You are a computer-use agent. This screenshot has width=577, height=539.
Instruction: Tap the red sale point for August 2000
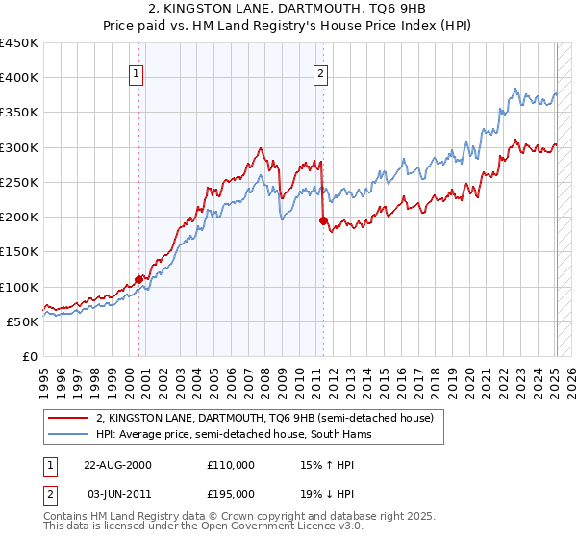point(138,280)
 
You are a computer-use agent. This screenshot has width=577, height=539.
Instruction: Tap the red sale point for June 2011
point(323,220)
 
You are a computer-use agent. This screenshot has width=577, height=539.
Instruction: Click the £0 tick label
point(30,356)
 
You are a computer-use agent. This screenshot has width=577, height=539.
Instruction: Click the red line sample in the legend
point(68,418)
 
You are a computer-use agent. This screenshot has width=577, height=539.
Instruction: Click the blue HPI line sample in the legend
point(68,434)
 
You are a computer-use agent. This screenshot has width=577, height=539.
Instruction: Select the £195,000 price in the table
point(231,493)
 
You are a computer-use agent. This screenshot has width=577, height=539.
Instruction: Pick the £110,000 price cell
point(231,464)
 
